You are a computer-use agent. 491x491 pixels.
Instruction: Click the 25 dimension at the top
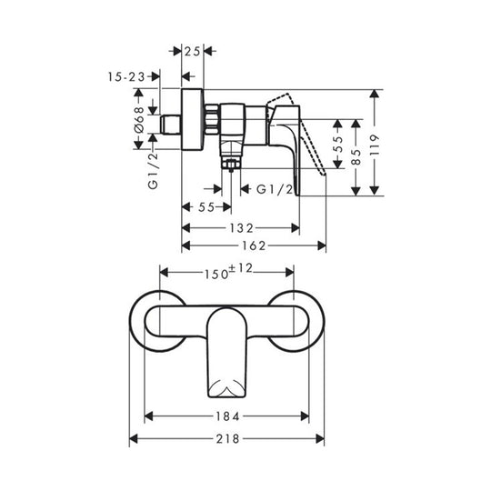point(192,54)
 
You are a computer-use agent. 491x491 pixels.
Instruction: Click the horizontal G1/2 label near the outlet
point(274,190)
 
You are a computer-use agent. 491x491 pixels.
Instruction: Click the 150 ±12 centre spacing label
point(225,271)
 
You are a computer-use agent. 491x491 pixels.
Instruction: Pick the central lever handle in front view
point(226,350)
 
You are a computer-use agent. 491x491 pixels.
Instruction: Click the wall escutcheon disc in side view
point(191,122)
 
